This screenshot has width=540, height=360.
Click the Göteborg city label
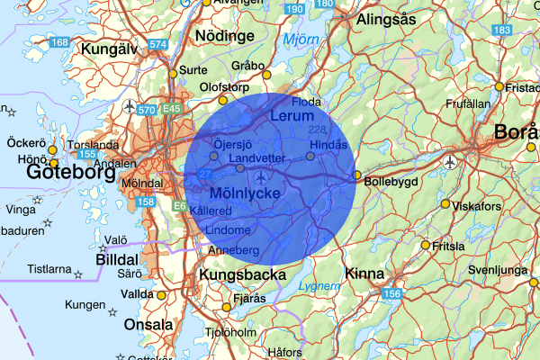(x=70, y=171)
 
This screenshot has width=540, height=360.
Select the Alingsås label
(x=386, y=18)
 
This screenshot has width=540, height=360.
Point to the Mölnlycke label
(x=244, y=193)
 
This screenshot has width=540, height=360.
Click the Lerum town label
(x=292, y=116)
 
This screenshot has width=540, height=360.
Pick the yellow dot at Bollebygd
(x=356, y=175)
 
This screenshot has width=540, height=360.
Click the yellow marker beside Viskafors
(x=445, y=204)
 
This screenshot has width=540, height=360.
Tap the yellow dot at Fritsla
(x=426, y=244)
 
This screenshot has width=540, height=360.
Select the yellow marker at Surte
(x=173, y=73)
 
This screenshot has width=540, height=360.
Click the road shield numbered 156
(x=391, y=293)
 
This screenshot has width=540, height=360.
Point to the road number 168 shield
(x=60, y=42)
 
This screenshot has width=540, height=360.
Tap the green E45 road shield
(x=172, y=109)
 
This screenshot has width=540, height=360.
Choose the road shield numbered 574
(x=158, y=44)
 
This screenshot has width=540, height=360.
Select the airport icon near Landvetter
(x=262, y=175)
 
